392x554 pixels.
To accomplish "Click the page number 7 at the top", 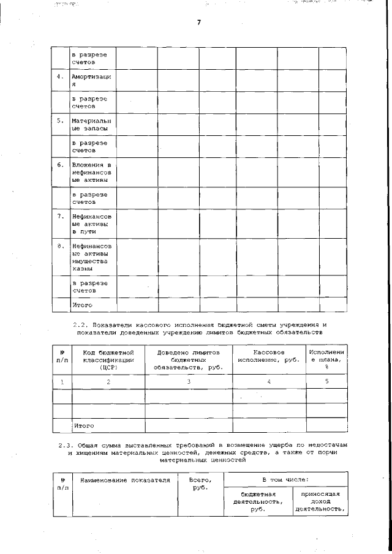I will (x=198, y=23).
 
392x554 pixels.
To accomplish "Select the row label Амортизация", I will (x=91, y=81).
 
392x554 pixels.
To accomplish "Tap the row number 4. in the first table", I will (x=60, y=77).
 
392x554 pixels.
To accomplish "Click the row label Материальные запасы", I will (x=91, y=125).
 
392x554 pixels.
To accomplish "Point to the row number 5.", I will (x=60, y=121).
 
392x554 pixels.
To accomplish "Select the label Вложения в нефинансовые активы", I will (x=91, y=173).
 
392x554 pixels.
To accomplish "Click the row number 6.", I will (x=60, y=165).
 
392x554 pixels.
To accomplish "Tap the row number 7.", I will (x=60, y=217).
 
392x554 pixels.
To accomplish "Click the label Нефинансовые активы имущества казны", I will (x=91, y=257).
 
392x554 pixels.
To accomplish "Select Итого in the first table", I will (x=82, y=304).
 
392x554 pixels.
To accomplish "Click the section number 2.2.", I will (x=81, y=324).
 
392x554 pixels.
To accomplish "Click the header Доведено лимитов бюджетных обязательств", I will (x=188, y=361).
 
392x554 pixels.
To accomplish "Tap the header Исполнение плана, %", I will (x=326, y=361).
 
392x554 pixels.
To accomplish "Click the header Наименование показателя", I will (x=124, y=481).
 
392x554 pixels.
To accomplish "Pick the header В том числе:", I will (x=285, y=480).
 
